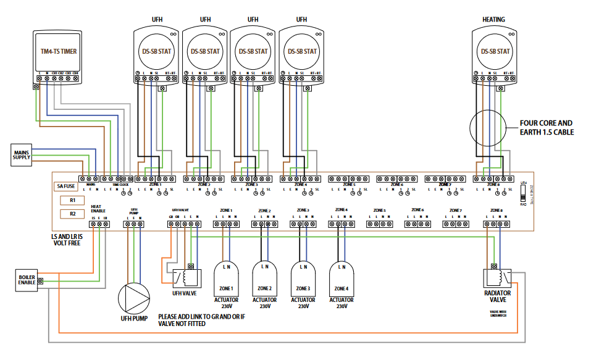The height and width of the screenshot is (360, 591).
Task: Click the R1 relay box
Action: pyautogui.click(x=72, y=201)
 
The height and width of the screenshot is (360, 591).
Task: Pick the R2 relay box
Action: pyautogui.click(x=72, y=214)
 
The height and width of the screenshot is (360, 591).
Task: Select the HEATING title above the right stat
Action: pyautogui.click(x=493, y=20)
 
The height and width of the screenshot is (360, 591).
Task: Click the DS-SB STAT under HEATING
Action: pyautogui.click(x=495, y=52)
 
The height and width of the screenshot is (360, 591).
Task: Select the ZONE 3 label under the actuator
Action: pyautogui.click(x=303, y=288)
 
